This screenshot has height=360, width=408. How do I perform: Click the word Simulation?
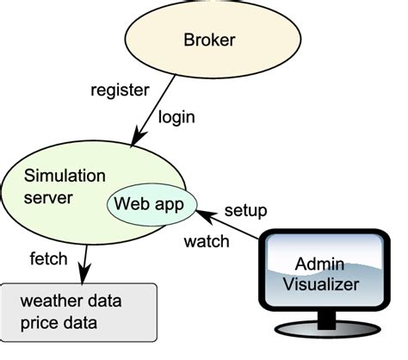coord(65,176)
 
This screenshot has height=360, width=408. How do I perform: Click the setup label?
coord(245,210)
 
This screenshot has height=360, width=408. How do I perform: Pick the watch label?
coord(207,242)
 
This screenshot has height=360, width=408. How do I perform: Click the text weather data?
coord(71,302)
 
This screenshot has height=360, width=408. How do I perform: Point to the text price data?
coord(59,325)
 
